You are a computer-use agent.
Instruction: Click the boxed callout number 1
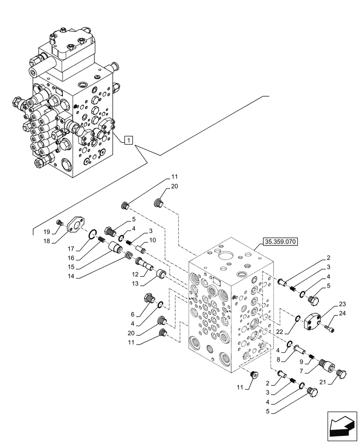point(127,140)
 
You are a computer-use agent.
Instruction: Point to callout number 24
point(341,314)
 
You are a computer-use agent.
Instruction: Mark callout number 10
point(153,240)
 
